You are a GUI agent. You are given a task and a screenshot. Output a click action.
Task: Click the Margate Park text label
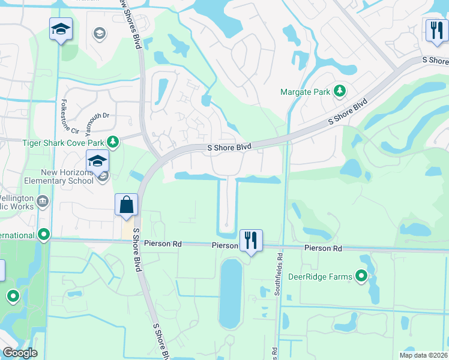click(306, 92)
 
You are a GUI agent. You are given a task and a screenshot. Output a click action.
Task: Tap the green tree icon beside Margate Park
click(340, 91)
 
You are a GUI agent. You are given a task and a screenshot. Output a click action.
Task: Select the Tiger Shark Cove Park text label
click(63, 142)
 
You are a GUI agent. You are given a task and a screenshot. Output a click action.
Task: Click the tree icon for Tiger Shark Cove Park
click(112, 142)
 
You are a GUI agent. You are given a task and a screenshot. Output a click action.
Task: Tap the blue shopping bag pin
click(127, 205)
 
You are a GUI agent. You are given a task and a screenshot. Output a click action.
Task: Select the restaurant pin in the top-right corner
click(436, 29)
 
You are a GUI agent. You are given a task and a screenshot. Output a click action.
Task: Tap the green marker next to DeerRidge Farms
click(361, 276)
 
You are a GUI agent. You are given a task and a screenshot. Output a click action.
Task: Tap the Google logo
click(20, 353)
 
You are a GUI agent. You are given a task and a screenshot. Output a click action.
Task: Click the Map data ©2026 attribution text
click(423, 355)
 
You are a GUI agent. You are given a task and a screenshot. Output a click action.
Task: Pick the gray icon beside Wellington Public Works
click(43, 200)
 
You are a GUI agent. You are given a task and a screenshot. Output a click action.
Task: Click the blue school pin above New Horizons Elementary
click(97, 161)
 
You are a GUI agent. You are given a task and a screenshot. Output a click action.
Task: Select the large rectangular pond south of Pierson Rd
click(231, 294)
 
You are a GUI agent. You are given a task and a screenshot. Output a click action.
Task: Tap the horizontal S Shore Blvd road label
click(229, 146)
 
